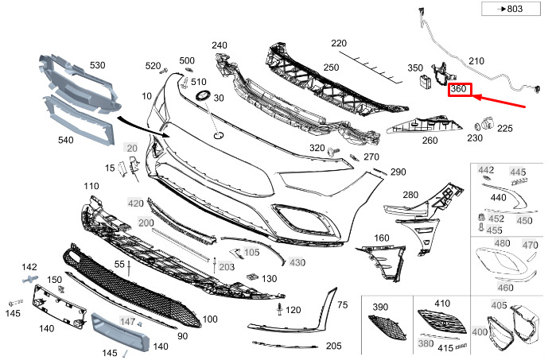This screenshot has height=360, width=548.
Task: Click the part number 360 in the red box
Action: pyautogui.click(x=459, y=90)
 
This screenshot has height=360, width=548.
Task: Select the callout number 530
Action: pyautogui.click(x=98, y=64)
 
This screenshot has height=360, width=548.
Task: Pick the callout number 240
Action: pyautogui.click(x=219, y=45)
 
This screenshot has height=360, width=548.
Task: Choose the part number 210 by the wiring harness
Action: pyautogui.click(x=476, y=61)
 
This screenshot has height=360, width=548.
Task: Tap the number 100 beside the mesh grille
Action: pyautogui.click(x=209, y=319)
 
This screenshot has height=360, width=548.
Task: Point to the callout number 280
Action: pyautogui.click(x=410, y=195)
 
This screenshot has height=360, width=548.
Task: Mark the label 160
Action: pyautogui.click(x=382, y=238)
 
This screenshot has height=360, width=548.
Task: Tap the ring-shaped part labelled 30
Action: pyautogui.click(x=201, y=95)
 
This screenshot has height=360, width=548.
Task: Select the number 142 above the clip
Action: pyautogui.click(x=29, y=267)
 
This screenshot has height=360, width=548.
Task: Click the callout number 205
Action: pyautogui.click(x=333, y=346)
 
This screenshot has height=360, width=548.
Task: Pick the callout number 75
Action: pyautogui.click(x=343, y=305)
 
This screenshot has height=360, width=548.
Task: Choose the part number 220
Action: pyautogui.click(x=340, y=43)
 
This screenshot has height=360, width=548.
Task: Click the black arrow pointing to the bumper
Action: pyautogui.click(x=143, y=128)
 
